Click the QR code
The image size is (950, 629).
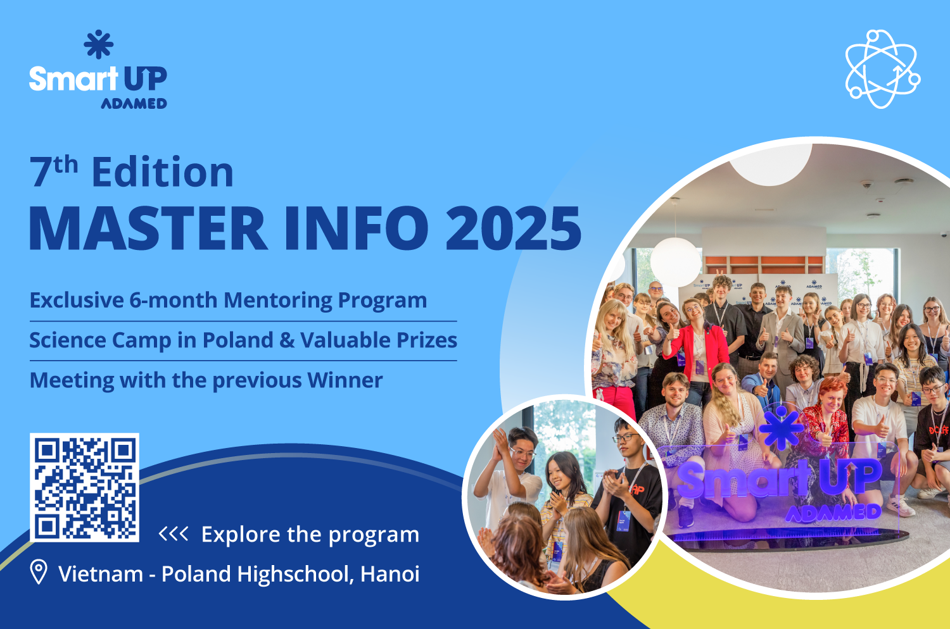[x=84, y=487]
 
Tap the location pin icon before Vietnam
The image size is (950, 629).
[x=39, y=571]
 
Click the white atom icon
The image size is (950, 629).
[x=883, y=69]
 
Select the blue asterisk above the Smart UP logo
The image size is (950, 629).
[x=98, y=44]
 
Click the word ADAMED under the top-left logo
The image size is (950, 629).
[x=134, y=103]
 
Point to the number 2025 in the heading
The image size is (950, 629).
[x=513, y=228]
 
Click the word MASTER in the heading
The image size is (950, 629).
[x=148, y=228]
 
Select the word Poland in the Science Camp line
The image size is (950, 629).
[x=237, y=340]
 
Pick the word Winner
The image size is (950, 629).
[x=345, y=380]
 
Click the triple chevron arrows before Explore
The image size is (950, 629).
[x=174, y=534]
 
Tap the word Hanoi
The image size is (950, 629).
[x=389, y=574]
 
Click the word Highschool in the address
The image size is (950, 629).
[x=294, y=575]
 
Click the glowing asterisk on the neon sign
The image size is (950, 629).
[x=781, y=428]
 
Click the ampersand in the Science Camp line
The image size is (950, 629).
[x=287, y=340]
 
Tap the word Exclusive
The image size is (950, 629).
[x=77, y=300]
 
